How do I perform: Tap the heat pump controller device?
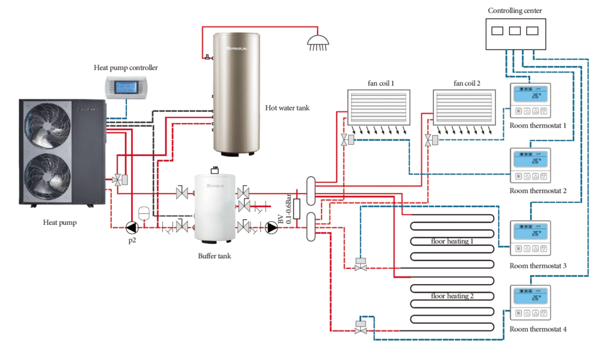click(x=125, y=86)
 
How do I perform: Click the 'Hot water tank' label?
click(x=287, y=108)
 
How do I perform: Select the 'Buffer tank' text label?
click(x=214, y=256)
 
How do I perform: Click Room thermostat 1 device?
click(x=530, y=102)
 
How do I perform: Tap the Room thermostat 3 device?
click(x=530, y=239)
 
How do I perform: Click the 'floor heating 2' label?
click(x=452, y=296)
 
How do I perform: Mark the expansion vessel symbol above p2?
click(x=143, y=212)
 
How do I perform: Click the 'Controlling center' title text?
click(x=515, y=11)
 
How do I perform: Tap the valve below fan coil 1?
click(x=344, y=139)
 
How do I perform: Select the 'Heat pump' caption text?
click(x=60, y=222)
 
